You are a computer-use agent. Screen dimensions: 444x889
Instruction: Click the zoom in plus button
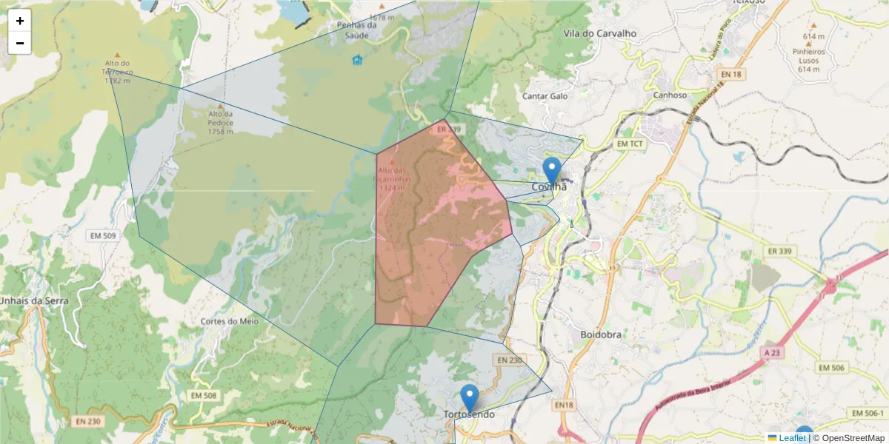(20, 21)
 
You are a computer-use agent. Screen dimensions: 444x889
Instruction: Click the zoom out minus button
(20, 43)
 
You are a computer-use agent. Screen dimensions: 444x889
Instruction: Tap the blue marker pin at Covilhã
(551, 171)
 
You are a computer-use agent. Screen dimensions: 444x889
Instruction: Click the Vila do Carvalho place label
(600, 33)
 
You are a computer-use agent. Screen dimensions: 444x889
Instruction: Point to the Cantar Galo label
(545, 96)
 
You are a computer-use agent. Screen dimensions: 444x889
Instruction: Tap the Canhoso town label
(670, 95)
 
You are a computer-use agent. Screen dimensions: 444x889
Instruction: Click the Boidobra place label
(602, 334)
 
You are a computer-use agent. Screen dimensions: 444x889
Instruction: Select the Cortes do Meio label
(229, 321)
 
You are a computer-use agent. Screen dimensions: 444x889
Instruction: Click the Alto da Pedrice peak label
(220, 122)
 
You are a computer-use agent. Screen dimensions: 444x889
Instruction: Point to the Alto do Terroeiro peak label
(119, 73)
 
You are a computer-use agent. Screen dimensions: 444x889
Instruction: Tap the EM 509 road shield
(103, 236)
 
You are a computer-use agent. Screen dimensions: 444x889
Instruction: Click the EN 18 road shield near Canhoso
(730, 75)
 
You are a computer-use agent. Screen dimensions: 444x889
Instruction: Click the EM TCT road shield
(631, 143)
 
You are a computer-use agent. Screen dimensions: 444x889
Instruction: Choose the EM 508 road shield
(204, 396)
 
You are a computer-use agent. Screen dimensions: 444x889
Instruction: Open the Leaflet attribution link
(792, 438)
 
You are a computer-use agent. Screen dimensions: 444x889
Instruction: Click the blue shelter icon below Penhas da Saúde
(358, 60)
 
